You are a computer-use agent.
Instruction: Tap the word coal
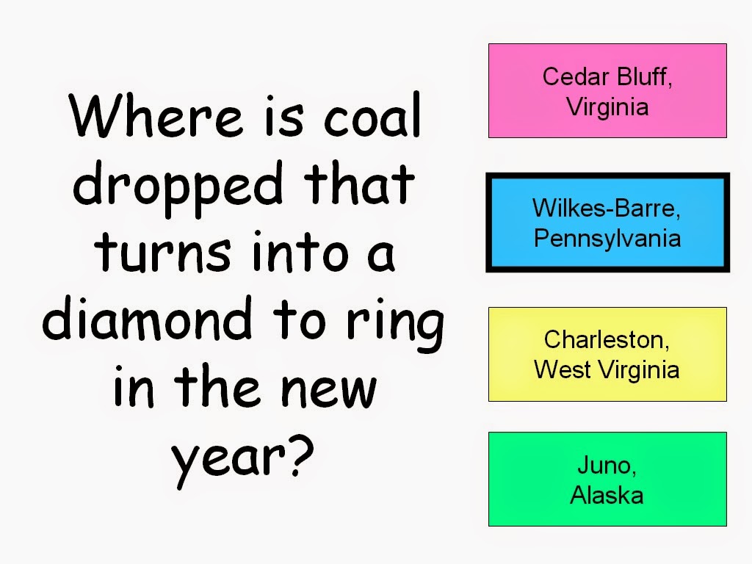372,115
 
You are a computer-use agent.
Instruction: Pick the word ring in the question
395,324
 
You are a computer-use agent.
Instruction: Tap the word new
328,391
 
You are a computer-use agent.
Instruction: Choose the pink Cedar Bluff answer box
607,90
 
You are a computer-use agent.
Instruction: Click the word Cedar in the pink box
576,76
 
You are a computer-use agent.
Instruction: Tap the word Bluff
645,76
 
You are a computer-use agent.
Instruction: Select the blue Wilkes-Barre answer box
607,223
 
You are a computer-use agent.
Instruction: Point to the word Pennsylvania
607,239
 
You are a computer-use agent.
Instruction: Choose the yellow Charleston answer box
607,355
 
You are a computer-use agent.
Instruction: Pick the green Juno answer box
607,479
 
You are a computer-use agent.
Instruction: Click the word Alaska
607,495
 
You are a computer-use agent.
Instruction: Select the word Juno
607,465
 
